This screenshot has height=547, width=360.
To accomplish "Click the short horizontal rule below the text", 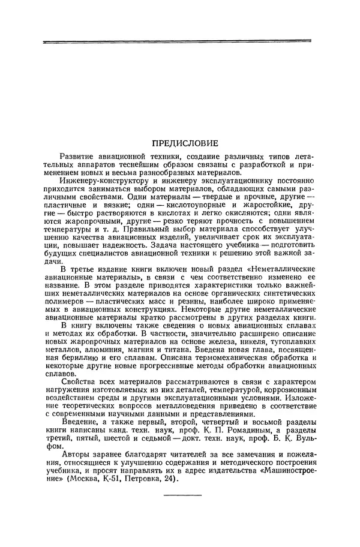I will (x=183, y=495).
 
